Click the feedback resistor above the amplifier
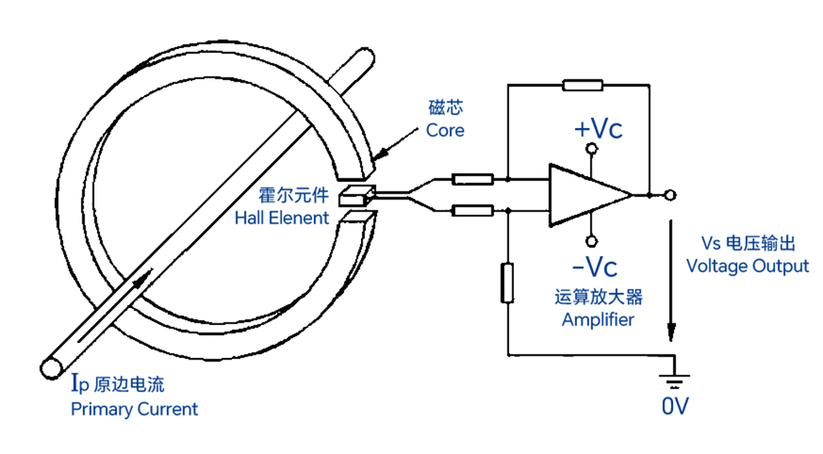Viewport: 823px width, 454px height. [582, 85]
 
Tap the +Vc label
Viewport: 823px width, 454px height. [598, 130]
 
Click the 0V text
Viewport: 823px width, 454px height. [675, 407]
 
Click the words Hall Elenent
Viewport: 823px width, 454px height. [282, 218]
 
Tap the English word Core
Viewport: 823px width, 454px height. [444, 130]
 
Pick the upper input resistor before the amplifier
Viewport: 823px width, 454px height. [472, 179]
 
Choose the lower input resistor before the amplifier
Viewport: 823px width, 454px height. [472, 211]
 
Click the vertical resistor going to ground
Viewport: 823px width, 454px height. [507, 283]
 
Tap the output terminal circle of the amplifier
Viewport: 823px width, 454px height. [670, 195]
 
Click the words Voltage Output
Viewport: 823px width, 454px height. [747, 266]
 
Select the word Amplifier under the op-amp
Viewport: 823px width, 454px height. [598, 319]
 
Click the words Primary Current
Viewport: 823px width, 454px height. [134, 409]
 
